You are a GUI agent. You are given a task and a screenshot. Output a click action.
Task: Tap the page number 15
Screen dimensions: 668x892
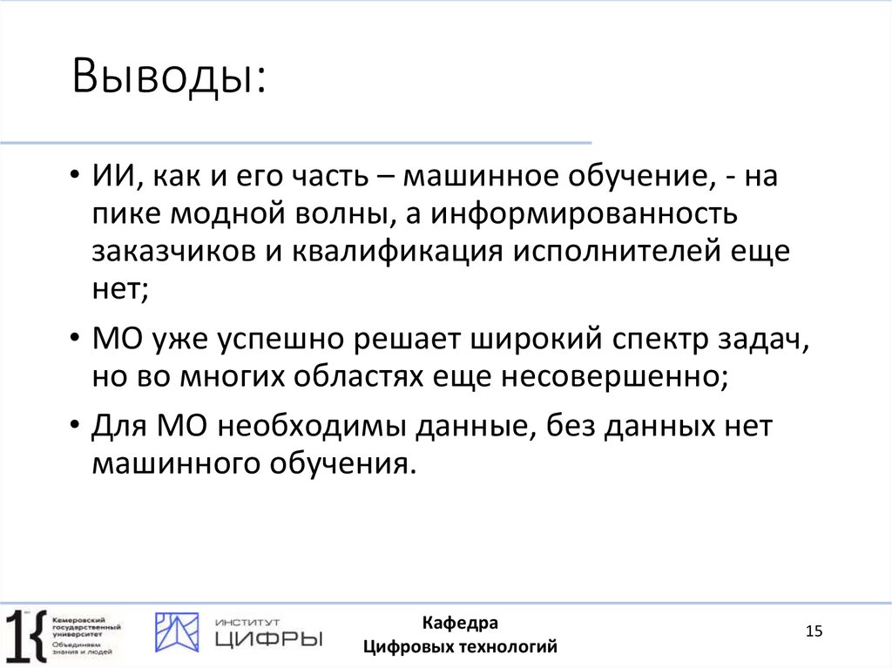click(x=814, y=631)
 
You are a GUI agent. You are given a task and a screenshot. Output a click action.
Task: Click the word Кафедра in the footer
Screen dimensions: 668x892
click(x=460, y=623)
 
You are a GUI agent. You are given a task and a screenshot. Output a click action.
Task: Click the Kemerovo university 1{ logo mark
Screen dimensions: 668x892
click(x=25, y=633)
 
